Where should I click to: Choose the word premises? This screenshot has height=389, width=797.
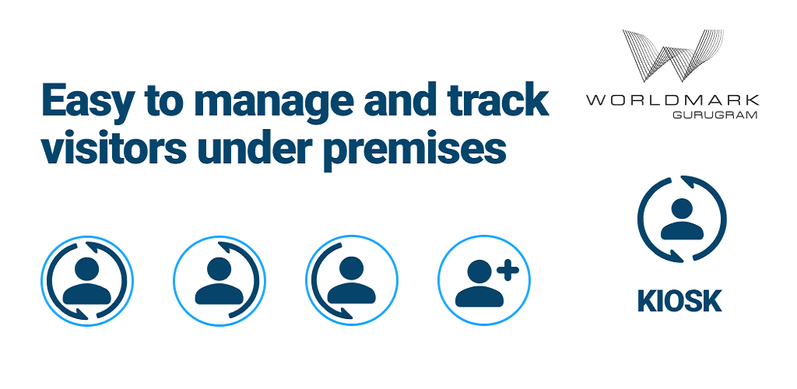coord(414,151)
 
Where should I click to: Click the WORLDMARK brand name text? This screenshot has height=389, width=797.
coord(672,100)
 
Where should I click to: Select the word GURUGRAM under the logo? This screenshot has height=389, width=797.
coord(715,115)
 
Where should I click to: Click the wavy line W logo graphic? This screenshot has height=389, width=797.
coord(672,55)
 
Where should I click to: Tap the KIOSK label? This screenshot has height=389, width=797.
coord(679,301)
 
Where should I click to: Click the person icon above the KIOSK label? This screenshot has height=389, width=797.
coord(682,219)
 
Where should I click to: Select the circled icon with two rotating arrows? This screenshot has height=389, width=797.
coord(87,280)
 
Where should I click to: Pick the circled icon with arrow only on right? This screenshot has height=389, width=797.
coord(219,280)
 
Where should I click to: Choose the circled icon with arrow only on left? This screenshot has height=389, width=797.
coord(351,280)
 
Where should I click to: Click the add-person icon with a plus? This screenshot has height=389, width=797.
coord(484,280)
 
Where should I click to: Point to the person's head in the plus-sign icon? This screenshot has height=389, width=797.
coord(480,272)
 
